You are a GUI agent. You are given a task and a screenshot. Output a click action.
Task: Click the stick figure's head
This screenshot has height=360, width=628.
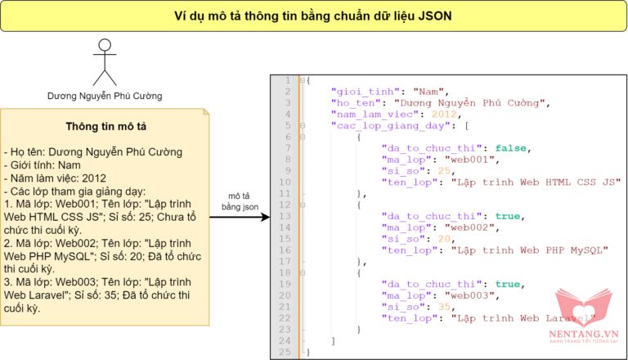[104, 43]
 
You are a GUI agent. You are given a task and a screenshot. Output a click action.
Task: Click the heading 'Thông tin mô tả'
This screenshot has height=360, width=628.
[105, 127]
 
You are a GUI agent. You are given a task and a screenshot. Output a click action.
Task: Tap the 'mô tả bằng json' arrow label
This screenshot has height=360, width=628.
[239, 202]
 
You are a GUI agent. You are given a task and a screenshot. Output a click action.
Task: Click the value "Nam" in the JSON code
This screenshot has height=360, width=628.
[429, 92]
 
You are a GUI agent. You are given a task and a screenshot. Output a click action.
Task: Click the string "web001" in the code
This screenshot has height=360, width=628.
[474, 160]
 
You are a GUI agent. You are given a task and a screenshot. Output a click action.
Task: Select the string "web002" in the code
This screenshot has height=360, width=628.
[474, 227]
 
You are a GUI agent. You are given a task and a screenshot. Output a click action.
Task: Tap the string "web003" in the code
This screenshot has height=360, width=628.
[474, 295]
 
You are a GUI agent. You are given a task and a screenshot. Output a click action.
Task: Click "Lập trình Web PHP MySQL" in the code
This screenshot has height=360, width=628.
[531, 250]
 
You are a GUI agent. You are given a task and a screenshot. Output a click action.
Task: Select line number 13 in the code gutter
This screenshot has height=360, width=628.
[285, 216]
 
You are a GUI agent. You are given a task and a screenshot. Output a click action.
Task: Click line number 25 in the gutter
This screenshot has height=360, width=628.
[285, 352]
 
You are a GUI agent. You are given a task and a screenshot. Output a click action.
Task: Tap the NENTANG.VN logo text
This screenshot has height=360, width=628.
[584, 334]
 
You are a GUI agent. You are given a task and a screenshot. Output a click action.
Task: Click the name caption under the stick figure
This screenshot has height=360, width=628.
[104, 97]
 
